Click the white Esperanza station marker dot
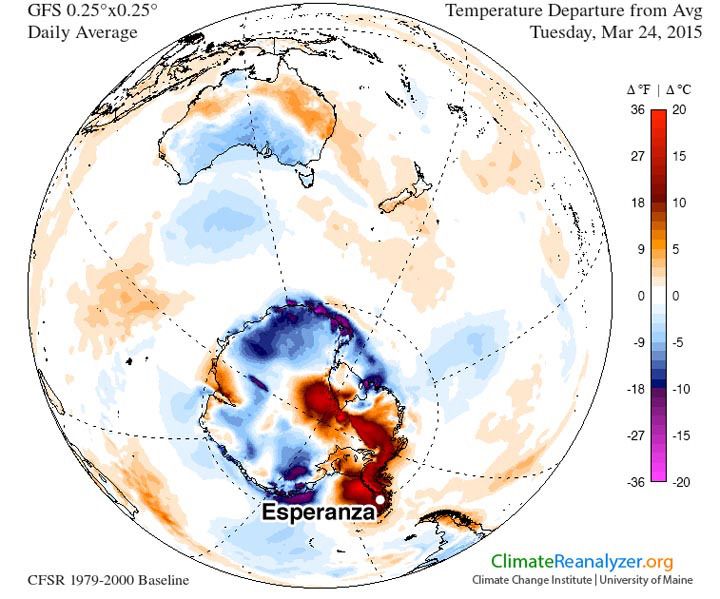pos(380,499)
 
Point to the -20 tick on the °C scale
pos(680,482)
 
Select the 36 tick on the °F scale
pos(634,111)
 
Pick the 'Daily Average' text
pos(66,32)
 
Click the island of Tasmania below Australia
pos(311,180)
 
